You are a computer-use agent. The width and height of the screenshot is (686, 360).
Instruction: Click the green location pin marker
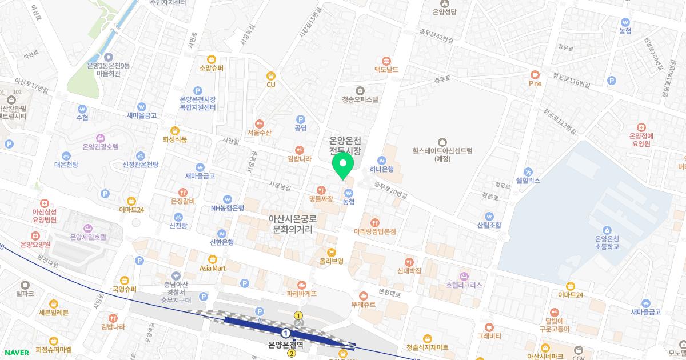point(342,166)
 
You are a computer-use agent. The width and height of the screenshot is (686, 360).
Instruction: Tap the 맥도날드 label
point(386,69)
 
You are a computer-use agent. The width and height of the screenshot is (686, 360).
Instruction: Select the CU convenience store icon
point(271,75)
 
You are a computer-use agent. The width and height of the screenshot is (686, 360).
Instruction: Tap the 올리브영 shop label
point(331,261)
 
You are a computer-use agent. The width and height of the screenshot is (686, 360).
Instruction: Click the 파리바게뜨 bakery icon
point(302,285)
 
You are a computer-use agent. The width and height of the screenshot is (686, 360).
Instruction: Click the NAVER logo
point(17,353)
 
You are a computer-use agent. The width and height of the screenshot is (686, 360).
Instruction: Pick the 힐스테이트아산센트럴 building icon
point(442,142)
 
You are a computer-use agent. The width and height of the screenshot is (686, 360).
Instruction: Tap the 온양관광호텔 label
point(101,147)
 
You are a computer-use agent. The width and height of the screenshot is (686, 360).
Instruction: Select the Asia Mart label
point(212,267)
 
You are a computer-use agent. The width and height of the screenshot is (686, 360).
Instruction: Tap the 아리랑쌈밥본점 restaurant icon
point(375,222)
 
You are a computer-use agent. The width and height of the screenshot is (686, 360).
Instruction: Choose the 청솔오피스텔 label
point(360,99)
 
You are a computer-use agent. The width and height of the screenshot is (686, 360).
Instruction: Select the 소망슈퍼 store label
point(211,68)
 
